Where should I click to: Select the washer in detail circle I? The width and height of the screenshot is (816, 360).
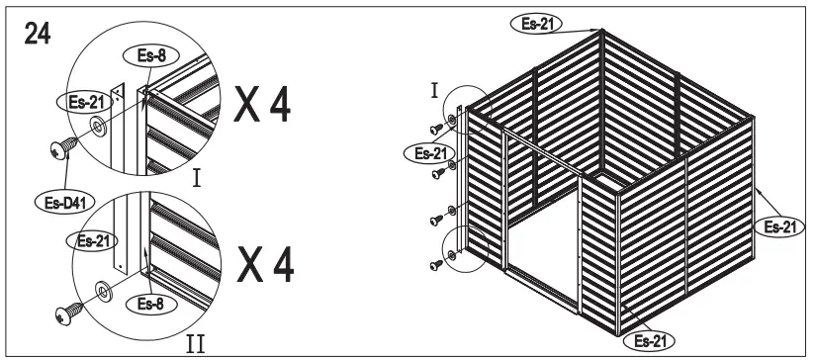point(98,127)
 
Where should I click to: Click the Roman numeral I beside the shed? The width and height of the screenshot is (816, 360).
point(434,92)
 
